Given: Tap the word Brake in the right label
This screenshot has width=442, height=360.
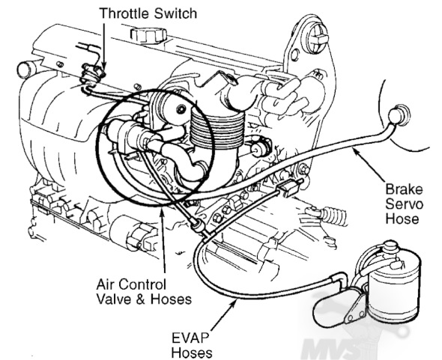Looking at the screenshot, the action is (x=404, y=189).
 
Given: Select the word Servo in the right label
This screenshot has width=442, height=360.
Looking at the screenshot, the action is (x=404, y=204).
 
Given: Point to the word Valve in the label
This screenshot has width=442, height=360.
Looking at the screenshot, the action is (x=114, y=299).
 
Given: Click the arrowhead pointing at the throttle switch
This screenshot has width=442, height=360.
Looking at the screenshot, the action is (x=103, y=67).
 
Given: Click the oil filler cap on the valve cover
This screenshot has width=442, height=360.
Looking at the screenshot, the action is (x=148, y=34).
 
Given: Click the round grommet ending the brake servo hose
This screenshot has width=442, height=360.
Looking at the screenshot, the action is (x=398, y=115).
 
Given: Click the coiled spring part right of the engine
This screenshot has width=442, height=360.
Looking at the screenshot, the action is (x=335, y=216).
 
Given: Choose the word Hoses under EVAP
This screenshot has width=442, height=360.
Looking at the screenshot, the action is (x=192, y=353).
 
